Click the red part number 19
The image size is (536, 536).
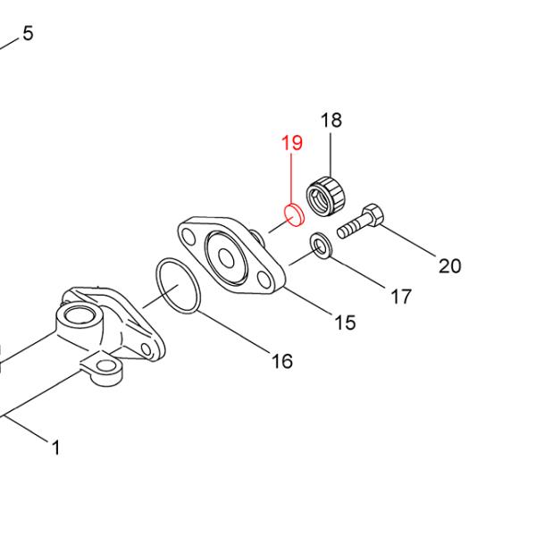point(291,143)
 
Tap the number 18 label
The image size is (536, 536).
point(331,121)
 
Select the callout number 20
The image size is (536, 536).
point(449,265)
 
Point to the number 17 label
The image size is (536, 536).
point(401,296)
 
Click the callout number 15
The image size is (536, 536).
point(345,322)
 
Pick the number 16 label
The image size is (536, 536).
point(281,361)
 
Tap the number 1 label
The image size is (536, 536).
point(56,448)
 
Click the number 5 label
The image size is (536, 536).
point(28,34)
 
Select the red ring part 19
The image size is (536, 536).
point(293,214)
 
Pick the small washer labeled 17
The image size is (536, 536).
point(319,242)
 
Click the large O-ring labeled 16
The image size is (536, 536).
point(176,283)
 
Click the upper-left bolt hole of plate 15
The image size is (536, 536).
point(188,236)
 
